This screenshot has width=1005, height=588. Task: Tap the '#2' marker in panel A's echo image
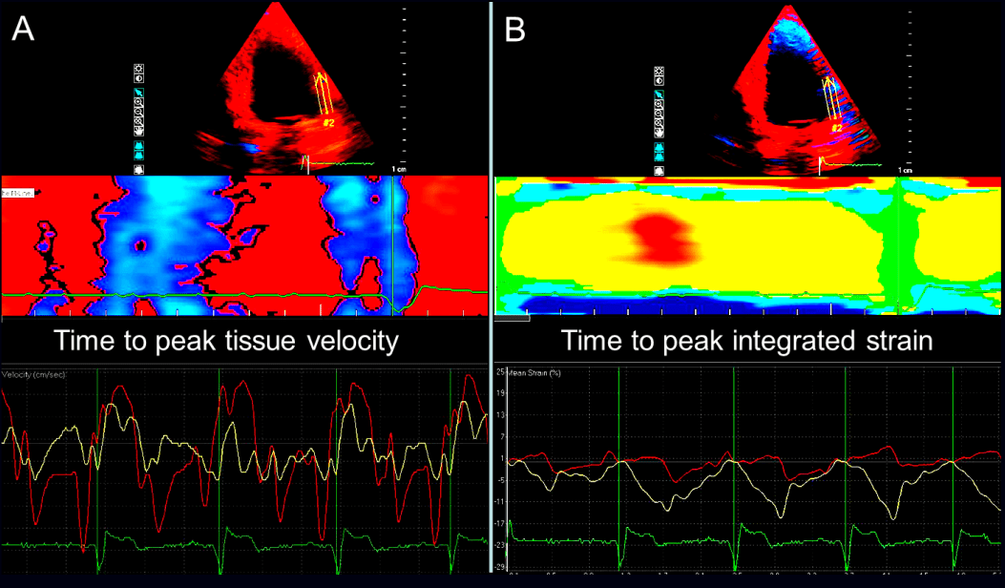point(327,122)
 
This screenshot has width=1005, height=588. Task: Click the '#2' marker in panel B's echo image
point(836,127)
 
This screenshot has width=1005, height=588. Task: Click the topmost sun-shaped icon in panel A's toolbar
point(139,70)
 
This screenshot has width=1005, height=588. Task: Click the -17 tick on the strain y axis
point(501,522)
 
